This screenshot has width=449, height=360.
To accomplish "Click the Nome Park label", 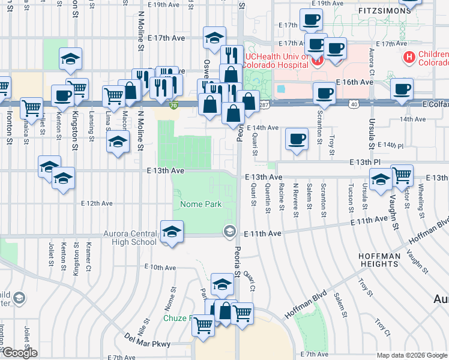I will [x=201, y=205].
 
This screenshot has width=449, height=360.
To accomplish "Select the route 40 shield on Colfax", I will [x=355, y=104].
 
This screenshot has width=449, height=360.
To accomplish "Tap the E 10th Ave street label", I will [x=160, y=267].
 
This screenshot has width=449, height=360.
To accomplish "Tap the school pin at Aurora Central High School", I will [x=172, y=232].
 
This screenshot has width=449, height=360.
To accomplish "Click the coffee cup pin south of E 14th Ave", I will [x=296, y=139].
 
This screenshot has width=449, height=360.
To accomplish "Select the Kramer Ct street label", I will [x=88, y=256].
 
